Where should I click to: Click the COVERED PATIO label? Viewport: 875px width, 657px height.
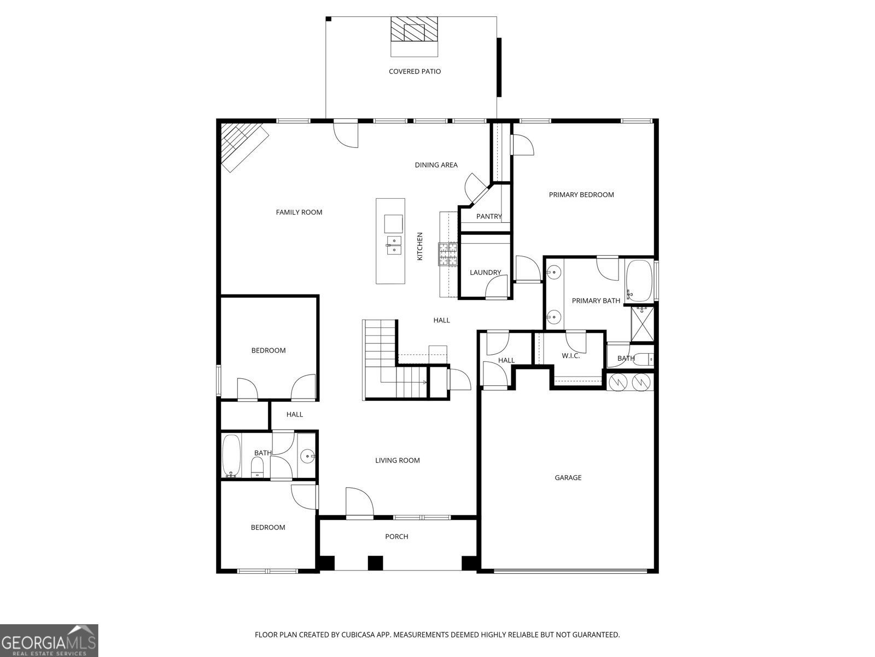(415, 71)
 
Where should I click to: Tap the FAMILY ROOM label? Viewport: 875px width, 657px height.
(299, 212)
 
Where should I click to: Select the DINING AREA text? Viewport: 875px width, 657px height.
(436, 165)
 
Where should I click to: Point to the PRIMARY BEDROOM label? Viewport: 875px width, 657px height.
(581, 195)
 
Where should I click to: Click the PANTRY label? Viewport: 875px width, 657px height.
(489, 216)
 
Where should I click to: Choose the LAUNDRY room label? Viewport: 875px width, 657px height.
(485, 273)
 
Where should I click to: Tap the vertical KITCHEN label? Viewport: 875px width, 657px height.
(419, 246)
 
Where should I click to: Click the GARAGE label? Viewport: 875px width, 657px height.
(568, 477)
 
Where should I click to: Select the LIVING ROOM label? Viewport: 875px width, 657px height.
(398, 460)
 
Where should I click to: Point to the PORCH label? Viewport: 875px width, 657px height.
(396, 537)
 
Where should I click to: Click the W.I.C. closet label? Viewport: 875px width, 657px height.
(570, 356)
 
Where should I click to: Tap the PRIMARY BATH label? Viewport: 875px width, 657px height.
(596, 301)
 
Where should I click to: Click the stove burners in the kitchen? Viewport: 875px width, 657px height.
(448, 254)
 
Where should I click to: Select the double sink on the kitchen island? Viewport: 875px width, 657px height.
(394, 245)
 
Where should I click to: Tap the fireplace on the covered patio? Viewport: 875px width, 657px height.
(414, 29)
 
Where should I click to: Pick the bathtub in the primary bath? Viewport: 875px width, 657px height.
(639, 281)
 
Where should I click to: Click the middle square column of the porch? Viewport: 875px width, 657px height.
(375, 563)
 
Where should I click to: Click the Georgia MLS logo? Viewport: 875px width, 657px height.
(49, 640)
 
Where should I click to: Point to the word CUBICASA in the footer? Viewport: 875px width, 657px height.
(358, 635)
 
